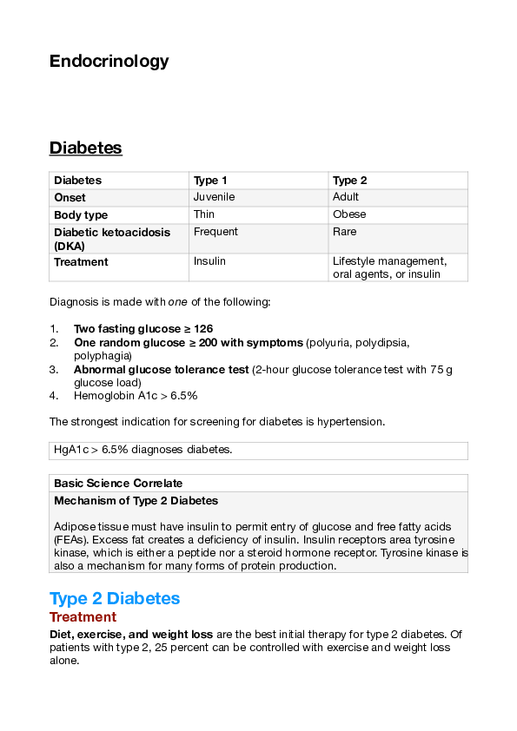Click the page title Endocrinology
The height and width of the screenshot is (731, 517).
[109, 61]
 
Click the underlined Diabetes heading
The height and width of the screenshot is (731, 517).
[85, 148]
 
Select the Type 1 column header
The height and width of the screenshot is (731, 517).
[205, 181]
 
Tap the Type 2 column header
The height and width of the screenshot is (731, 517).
[350, 181]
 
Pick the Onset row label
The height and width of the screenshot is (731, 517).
[70, 198]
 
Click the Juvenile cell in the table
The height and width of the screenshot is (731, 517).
[214, 197]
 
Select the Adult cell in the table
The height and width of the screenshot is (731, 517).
[346, 197]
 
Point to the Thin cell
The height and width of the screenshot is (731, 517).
[204, 214]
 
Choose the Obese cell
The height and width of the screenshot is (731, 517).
[349, 214]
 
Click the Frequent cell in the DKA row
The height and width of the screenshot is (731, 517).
[215, 232]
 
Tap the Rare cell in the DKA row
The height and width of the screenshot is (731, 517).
[345, 232]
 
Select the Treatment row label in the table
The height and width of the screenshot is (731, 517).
[81, 262]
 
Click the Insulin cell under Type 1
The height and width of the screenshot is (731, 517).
[209, 261]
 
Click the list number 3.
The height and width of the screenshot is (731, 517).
[53, 369]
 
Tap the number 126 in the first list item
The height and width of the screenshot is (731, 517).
[204, 329]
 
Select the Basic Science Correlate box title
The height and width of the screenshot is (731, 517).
[118, 483]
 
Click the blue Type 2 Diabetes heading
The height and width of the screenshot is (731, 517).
[115, 598]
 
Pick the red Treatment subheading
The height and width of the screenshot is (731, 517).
[83, 617]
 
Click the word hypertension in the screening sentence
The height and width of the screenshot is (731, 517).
[353, 422]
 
